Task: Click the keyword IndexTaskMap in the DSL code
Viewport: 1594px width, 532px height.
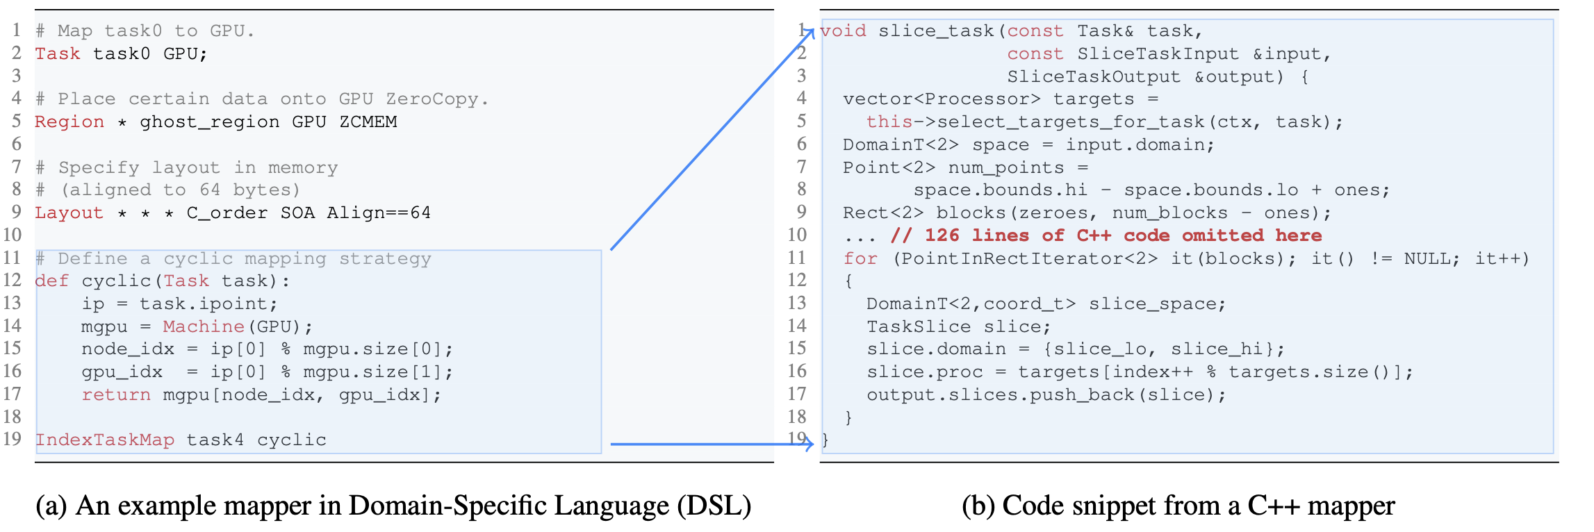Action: (104, 440)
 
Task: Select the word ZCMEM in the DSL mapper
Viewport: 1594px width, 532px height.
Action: (368, 122)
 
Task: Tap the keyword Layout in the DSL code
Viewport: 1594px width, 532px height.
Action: (69, 213)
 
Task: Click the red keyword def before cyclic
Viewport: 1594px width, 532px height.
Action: (52, 281)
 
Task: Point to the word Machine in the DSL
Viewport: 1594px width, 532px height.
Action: (204, 326)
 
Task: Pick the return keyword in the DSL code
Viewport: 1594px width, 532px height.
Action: (116, 395)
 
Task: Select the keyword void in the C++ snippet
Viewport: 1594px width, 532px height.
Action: (844, 31)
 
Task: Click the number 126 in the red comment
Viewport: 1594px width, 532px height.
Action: (942, 235)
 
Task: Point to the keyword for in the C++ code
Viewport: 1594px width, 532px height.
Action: (860, 259)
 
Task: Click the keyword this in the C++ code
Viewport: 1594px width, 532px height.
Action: (889, 122)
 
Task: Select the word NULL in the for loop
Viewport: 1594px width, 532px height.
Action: (1427, 259)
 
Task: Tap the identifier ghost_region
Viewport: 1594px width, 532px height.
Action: (210, 122)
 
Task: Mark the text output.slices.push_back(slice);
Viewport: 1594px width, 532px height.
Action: (1046, 395)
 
